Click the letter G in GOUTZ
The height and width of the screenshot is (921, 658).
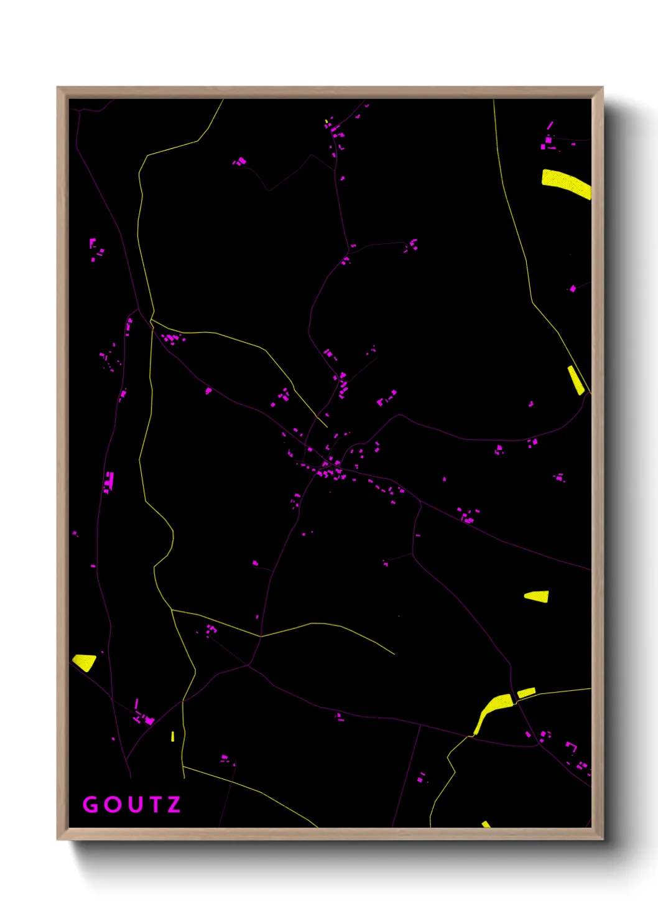coord(91,805)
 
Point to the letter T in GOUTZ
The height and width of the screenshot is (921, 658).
coord(154,805)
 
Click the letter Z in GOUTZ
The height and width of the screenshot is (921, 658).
coord(174,805)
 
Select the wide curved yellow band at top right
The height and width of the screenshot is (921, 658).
coord(565,183)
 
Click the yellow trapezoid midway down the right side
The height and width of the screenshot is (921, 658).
coord(537,596)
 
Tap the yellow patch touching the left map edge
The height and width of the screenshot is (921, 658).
coord(85,662)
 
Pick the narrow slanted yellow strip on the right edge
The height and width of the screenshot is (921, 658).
coord(576,380)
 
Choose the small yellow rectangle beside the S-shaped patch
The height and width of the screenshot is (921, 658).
coord(526,692)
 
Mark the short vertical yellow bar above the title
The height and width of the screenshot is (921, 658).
coord(173,736)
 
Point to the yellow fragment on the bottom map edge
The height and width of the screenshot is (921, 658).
coord(486,825)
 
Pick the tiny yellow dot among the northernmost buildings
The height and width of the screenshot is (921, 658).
coord(327,121)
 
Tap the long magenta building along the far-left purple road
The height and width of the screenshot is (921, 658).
coord(110,480)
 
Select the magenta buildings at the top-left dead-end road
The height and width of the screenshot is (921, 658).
coord(239,162)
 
